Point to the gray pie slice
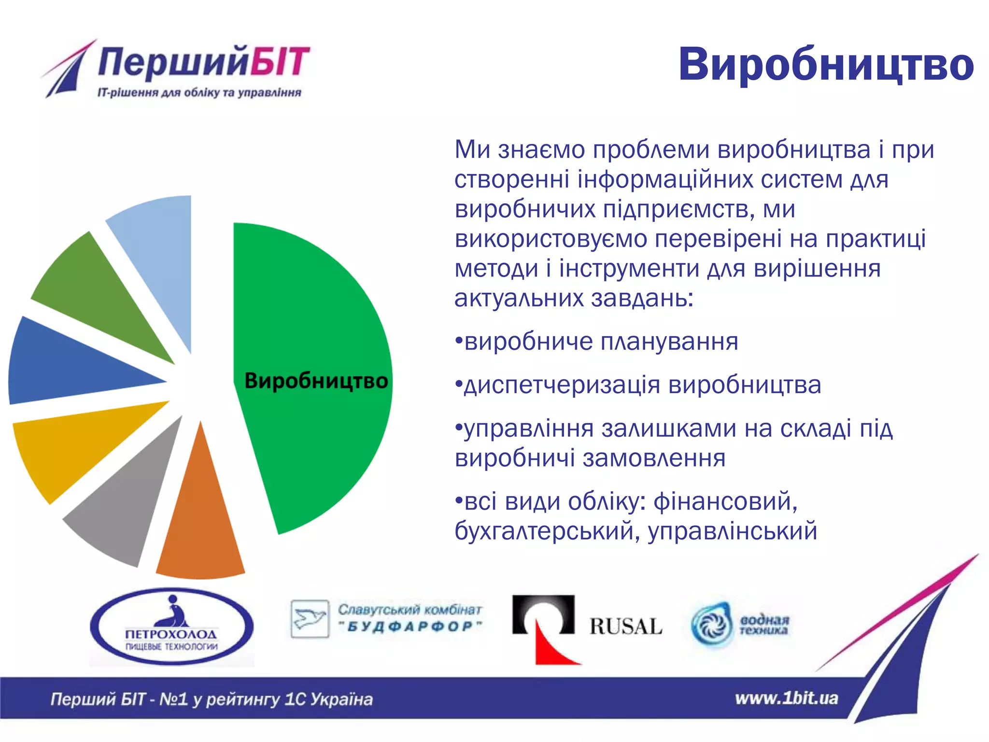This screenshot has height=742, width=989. pos(126,512)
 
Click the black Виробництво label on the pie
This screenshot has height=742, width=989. pos(316,381)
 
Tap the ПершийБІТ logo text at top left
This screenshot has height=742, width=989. pos(203,62)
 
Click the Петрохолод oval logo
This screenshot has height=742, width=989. pos(171,627)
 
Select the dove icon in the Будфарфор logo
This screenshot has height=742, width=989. pos(310,619)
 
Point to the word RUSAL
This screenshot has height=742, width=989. pos(625,627)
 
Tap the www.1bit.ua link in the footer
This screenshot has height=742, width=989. pos(786,698)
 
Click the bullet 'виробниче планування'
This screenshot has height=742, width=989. pos(596,342)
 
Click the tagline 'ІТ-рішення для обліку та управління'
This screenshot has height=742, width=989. pos(199,93)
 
